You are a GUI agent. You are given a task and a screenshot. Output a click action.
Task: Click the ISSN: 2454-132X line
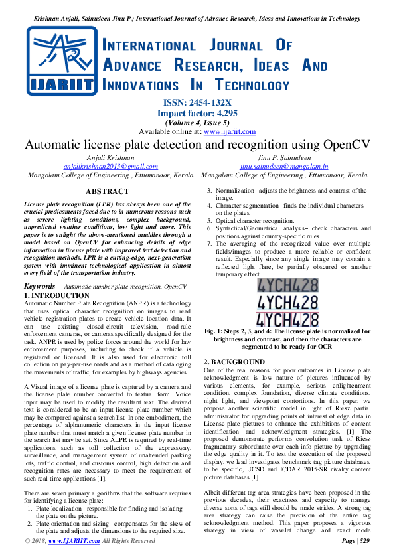coord(197,102)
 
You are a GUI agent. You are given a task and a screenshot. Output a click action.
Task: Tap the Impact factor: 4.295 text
coord(197,113)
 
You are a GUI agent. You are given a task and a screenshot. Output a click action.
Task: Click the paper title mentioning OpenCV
coord(197,145)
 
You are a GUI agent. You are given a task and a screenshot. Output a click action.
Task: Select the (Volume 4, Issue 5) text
coord(197,123)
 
